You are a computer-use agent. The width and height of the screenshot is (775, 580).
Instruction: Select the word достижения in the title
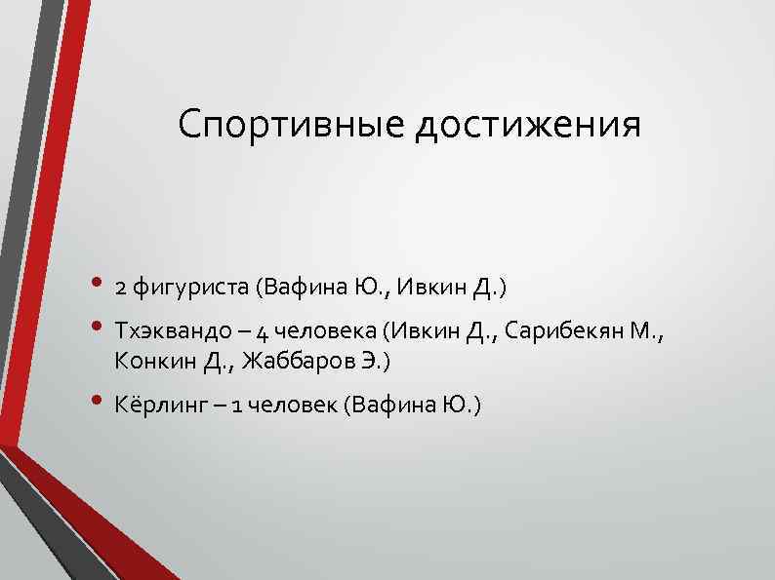528,127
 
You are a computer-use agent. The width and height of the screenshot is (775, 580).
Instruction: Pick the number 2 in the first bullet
120,289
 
